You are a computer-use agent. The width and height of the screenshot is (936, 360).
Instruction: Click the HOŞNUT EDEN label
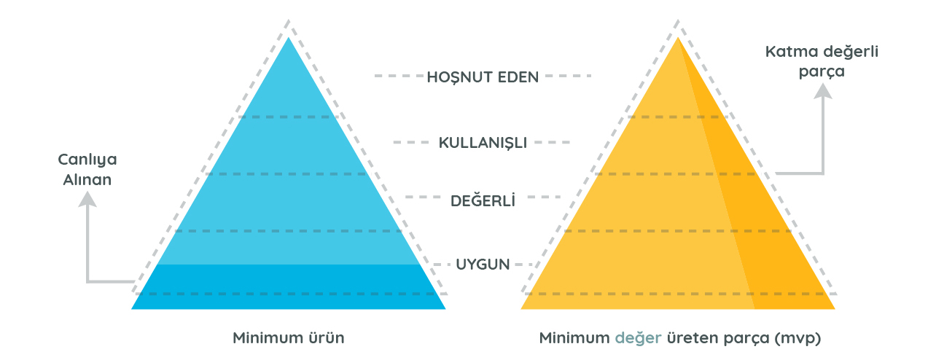pyautogui.click(x=483, y=77)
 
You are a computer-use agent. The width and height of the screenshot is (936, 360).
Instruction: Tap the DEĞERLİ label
pyautogui.click(x=483, y=200)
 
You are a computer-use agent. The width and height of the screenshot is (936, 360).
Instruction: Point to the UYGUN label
pyautogui.click(x=483, y=265)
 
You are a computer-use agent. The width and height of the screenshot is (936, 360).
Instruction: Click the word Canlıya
pyautogui.click(x=87, y=160)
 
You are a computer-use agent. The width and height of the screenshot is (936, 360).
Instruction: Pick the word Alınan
pyautogui.click(x=87, y=180)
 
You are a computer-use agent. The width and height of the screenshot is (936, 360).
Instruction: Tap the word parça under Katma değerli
pyautogui.click(x=822, y=72)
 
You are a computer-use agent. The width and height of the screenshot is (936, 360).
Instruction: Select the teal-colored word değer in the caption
pyautogui.click(x=638, y=338)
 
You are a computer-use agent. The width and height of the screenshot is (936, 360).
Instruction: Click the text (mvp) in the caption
pyautogui.click(x=797, y=338)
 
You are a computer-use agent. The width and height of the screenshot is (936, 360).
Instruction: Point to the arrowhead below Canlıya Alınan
pyautogui.click(x=87, y=199)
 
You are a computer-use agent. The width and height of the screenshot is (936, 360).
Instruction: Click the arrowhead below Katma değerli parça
pyautogui.click(x=823, y=91)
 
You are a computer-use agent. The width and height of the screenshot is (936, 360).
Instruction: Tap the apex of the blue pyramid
pyautogui.click(x=289, y=38)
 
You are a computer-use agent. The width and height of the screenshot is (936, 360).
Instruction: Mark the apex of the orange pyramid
pyautogui.click(x=678, y=38)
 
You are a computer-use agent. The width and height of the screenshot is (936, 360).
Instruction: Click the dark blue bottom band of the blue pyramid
pyautogui.click(x=289, y=287)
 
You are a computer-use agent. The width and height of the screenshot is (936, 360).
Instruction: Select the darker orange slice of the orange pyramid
pyautogui.click(x=752, y=217)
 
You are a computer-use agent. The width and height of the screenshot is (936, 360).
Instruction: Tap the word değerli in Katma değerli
pyautogui.click(x=851, y=52)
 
